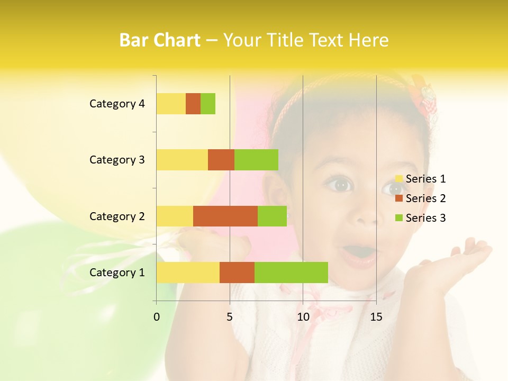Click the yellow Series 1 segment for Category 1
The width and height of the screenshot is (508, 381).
point(188,273)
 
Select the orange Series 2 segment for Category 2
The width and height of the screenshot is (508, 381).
point(225,216)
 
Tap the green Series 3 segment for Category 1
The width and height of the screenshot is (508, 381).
point(291,273)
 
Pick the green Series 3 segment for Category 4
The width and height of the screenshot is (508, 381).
point(208,104)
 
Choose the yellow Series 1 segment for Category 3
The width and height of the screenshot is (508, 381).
point(182,160)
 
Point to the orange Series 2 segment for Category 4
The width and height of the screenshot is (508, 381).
point(193,104)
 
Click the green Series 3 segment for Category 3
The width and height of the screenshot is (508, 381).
point(256,160)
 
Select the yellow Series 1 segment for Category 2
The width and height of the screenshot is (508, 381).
point(175,216)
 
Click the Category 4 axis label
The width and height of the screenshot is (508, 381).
point(117,104)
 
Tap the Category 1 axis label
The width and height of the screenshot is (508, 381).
point(117,273)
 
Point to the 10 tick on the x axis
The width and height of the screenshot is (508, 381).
point(303,317)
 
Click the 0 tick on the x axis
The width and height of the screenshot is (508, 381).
point(157,317)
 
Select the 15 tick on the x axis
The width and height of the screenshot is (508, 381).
point(376,317)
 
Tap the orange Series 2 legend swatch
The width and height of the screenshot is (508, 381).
point(399,198)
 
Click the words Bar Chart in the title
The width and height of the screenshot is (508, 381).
point(160,40)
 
